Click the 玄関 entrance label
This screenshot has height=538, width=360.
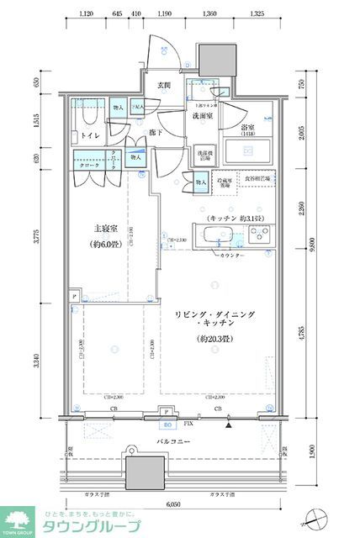[163, 85]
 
